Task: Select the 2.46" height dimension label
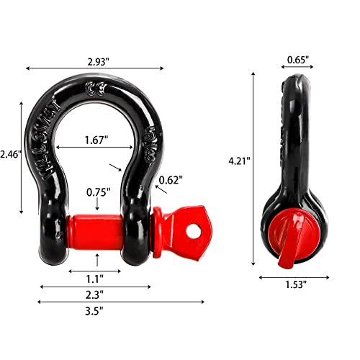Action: (x=11, y=154)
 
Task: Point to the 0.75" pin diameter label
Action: (x=97, y=192)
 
